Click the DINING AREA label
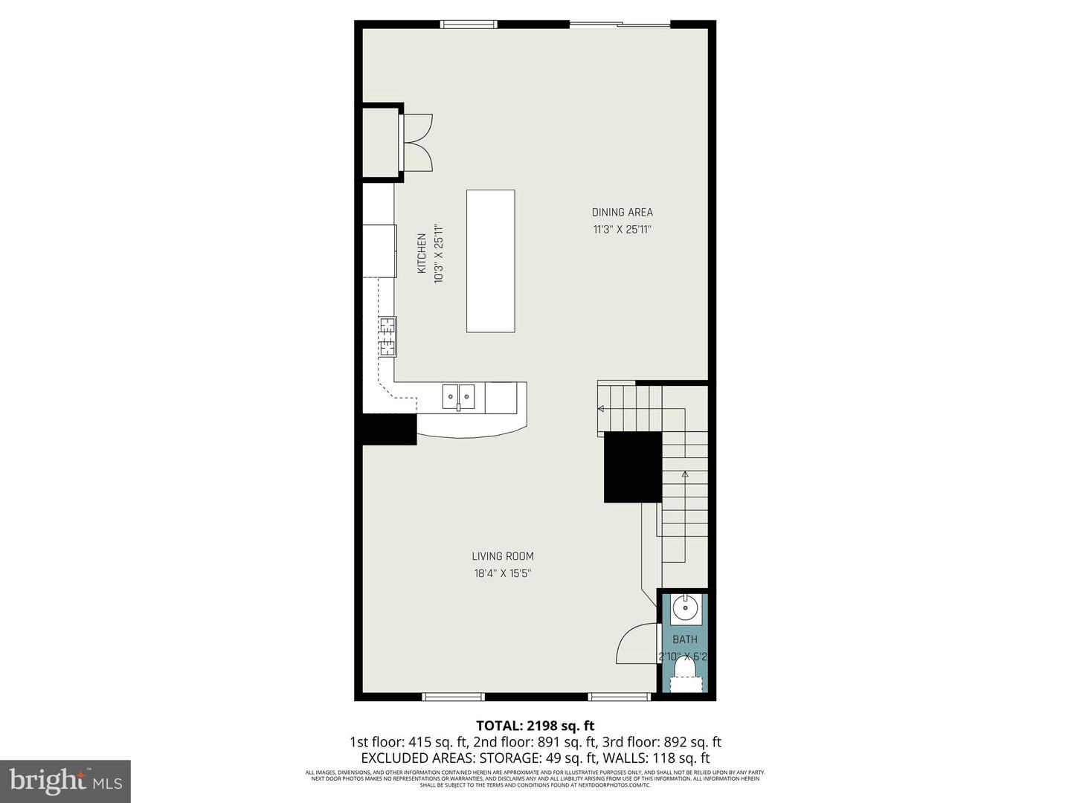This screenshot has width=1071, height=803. coord(622,212)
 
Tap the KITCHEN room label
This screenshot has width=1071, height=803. coord(422,254)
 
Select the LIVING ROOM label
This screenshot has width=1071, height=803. coord(503,556)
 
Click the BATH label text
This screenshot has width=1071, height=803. coord(685,639)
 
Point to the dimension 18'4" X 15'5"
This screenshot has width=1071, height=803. coord(503,573)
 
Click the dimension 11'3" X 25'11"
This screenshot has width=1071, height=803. coord(622,230)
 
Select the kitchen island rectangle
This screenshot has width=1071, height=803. coord(490,261)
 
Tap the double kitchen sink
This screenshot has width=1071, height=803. coord(459,397)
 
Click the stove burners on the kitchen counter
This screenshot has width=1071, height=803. coord(387,337)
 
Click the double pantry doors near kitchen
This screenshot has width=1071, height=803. coord(416,143)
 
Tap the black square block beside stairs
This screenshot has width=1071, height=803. coord(632,467)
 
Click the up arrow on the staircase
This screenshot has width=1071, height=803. coord(685,474)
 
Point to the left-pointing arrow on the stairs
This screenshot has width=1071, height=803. coord(601,407)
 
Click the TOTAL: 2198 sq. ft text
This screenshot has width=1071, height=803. coord(535,726)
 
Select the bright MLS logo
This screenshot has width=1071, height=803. coord(65,781)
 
